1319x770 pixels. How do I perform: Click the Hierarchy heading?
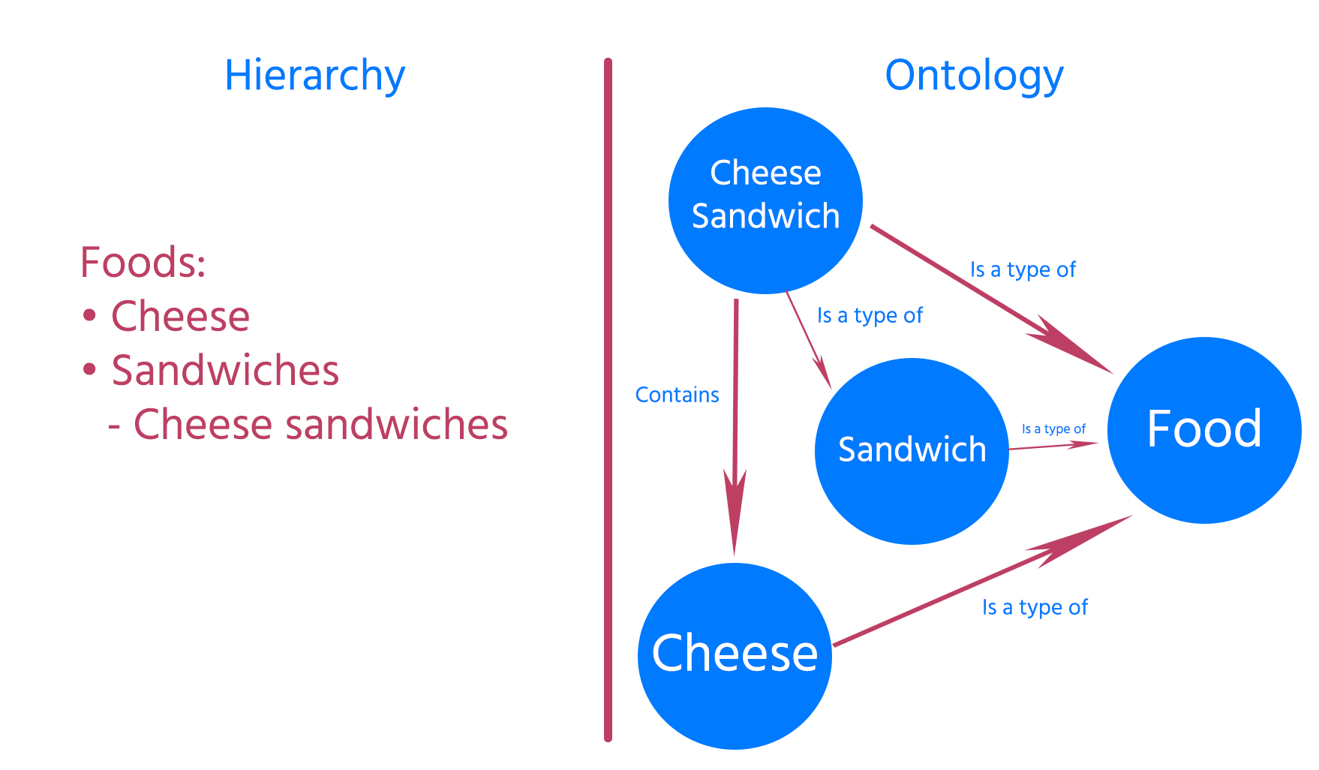pos(314,76)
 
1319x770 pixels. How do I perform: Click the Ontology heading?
pos(974,76)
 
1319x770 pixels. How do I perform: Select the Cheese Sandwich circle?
pos(765,200)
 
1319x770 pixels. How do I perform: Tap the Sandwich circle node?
pos(912,451)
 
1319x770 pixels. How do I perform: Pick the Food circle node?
pos(1204,430)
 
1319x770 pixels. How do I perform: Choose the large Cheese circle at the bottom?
pos(735,655)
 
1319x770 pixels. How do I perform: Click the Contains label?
pos(677,395)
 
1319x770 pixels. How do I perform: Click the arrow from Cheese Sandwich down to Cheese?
pos(735,420)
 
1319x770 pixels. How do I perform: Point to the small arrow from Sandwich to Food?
pos(1050,446)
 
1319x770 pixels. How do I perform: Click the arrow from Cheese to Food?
pos(975,585)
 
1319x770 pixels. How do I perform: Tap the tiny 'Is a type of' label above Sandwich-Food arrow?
pos(1053,429)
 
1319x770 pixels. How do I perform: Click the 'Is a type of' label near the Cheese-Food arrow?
pos(1035,607)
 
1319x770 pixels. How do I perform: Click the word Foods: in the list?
pos(143,263)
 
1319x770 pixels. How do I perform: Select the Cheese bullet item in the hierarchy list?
pos(180,316)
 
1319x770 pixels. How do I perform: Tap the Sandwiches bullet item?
pos(225,370)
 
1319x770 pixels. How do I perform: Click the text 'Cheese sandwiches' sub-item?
pos(320,424)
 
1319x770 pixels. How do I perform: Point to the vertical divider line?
pos(608,398)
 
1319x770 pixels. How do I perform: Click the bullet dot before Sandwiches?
pos(90,369)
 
